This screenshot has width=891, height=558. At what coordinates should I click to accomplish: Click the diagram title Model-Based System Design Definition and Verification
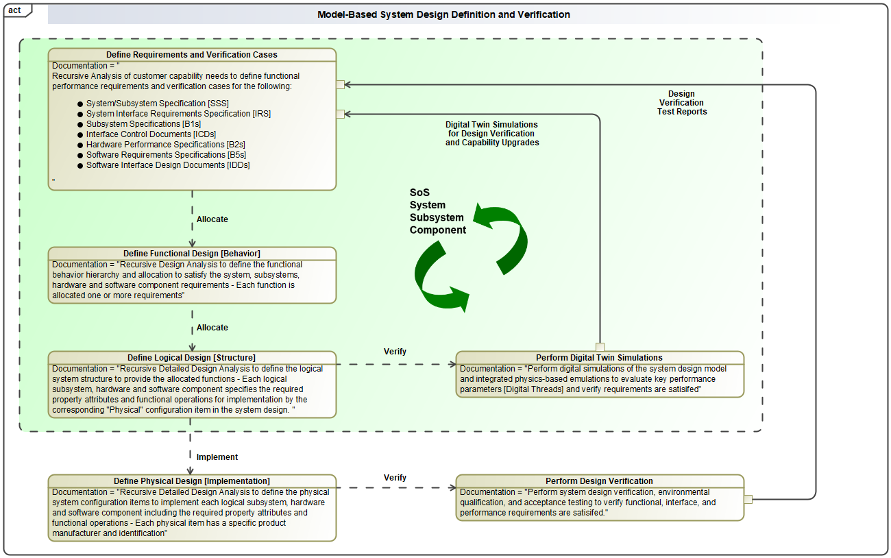click(443, 14)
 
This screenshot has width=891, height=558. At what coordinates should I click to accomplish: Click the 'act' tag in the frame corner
click(14, 10)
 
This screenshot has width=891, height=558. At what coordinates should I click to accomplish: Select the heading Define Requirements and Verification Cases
click(192, 55)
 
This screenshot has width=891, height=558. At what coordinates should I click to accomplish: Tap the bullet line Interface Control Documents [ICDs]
click(151, 134)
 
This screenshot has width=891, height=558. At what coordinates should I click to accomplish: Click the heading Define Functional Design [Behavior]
click(192, 254)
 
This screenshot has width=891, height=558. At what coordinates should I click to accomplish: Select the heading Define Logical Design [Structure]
click(192, 358)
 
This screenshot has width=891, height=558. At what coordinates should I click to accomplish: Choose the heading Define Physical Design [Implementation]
click(192, 481)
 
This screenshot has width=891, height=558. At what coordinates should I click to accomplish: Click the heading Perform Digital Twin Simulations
click(599, 358)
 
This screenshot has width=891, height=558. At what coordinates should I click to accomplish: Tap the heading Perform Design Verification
click(599, 481)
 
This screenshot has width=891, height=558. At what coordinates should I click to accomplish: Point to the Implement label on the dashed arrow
click(217, 457)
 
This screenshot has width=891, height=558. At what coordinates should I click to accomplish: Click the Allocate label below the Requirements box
click(212, 219)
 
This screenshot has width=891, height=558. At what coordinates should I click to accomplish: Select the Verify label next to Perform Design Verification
click(395, 478)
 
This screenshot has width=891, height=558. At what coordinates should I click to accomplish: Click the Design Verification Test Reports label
click(681, 103)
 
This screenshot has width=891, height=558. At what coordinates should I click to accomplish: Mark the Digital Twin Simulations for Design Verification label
click(491, 134)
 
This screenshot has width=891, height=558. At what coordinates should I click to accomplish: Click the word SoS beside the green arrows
click(419, 193)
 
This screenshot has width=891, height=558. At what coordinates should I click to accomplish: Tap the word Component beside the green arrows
click(438, 230)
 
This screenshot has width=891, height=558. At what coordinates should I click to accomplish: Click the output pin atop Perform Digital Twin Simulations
click(600, 347)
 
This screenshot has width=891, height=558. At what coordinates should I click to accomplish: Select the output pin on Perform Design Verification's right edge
click(748, 499)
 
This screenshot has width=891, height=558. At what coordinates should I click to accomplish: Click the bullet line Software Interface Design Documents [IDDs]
click(168, 165)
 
